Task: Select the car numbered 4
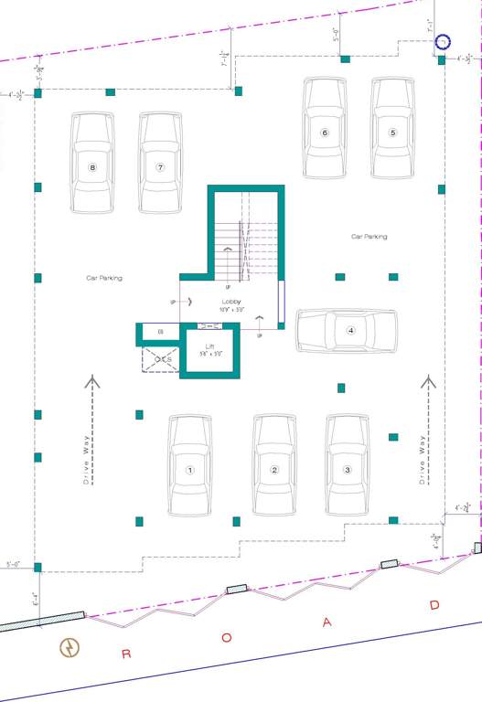(x=347, y=330)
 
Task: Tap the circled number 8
(x=92, y=167)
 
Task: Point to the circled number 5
(x=392, y=133)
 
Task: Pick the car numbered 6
(x=325, y=128)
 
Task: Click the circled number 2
(x=274, y=470)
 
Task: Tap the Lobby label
(x=230, y=301)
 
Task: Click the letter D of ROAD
(x=435, y=605)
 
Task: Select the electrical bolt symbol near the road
(x=69, y=648)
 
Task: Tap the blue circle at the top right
(x=443, y=42)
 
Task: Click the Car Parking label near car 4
(x=370, y=236)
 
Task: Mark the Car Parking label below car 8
(x=104, y=277)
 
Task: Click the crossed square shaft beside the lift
(x=160, y=359)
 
